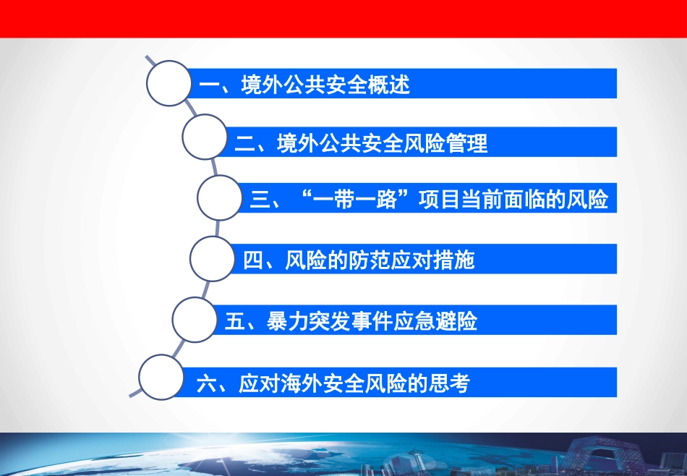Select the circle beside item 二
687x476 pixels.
[x=205, y=137]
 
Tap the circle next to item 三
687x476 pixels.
[x=220, y=197]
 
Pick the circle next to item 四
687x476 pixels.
[x=213, y=258]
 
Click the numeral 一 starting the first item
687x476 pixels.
[x=209, y=85]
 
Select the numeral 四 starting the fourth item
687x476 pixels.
[x=254, y=260]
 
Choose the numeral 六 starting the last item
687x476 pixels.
[x=207, y=383]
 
